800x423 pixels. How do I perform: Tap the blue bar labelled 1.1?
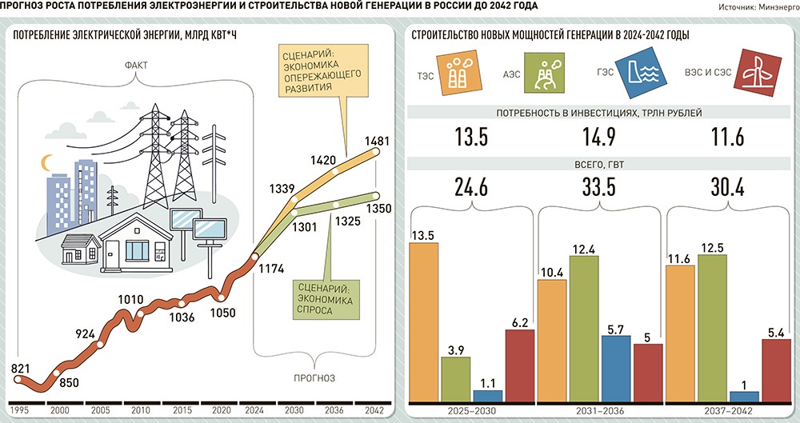488,394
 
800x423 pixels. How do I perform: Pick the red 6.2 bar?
520,364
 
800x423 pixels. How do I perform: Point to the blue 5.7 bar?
617,367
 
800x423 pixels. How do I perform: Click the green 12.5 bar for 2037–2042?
712,326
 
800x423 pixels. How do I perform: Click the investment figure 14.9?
602,138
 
